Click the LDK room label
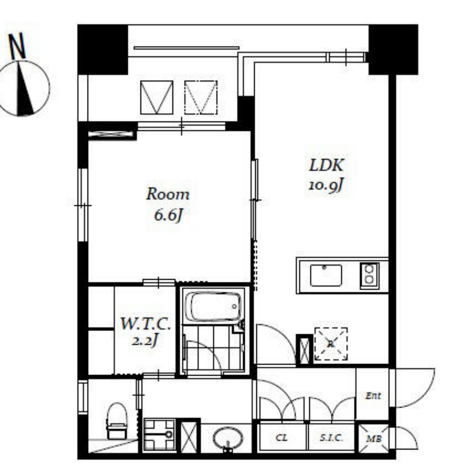pyautogui.click(x=327, y=166)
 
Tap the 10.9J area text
pyautogui.click(x=326, y=184)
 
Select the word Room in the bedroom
pyautogui.click(x=168, y=194)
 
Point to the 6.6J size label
pyautogui.click(x=168, y=215)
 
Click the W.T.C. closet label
pyautogui.click(x=146, y=324)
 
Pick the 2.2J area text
pyautogui.click(x=145, y=340)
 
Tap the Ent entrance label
pyautogui.click(x=373, y=395)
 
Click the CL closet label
pyautogui.click(x=282, y=437)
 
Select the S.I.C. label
pyautogui.click(x=331, y=437)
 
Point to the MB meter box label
pyautogui.click(x=374, y=439)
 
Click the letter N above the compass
pyautogui.click(x=17, y=46)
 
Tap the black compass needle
pyautogui.click(x=25, y=88)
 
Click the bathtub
pyautogui.click(x=213, y=307)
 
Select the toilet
pyautogui.click(x=117, y=421)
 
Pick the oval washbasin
pyautogui.click(x=228, y=438)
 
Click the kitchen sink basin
pyautogui.click(x=326, y=275)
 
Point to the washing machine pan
pyautogui.click(x=159, y=434)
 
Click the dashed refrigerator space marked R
pyautogui.click(x=331, y=344)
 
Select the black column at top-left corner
pyautogui.click(x=103, y=49)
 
